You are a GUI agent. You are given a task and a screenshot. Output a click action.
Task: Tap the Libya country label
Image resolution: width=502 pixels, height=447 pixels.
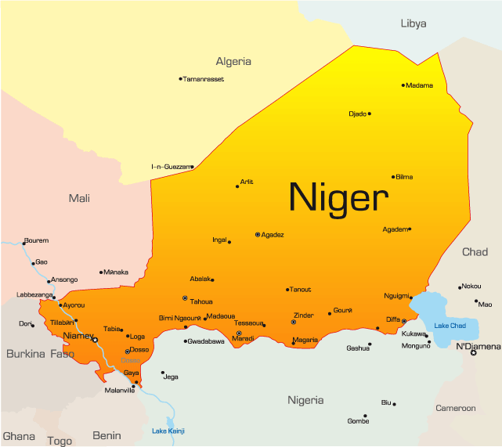click(413, 23)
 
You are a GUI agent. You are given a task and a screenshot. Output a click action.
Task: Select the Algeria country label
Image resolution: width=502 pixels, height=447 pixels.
click(233, 61)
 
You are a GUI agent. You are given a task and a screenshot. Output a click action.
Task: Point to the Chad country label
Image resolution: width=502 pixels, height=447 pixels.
click(475, 252)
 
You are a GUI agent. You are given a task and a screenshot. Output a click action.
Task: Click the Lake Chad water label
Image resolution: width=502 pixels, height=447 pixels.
click(450, 326)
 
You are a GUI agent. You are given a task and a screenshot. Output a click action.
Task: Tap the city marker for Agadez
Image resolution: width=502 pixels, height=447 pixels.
click(258, 234)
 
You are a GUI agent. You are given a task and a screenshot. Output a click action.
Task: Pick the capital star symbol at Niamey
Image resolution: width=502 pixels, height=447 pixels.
click(96, 340)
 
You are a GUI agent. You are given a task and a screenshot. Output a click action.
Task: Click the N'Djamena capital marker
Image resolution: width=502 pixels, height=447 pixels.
click(473, 352)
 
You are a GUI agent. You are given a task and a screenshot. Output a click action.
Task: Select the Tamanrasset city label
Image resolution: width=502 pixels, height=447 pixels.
click(204, 79)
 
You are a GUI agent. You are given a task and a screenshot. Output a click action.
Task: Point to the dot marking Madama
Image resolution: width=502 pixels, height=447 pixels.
click(403, 85)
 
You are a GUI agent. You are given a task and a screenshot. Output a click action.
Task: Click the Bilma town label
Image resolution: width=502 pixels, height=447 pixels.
click(404, 177)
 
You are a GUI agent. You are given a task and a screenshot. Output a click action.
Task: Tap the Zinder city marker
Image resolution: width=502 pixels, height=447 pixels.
click(294, 322)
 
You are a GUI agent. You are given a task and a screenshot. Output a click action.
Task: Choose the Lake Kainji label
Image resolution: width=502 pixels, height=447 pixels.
click(168, 431)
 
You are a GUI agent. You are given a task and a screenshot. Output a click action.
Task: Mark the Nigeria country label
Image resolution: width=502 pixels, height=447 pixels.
click(305, 400)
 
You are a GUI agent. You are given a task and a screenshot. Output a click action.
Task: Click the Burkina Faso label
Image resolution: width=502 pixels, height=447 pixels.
click(40, 354)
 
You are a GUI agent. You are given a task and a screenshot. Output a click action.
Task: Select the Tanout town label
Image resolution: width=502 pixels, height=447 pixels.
click(301, 290)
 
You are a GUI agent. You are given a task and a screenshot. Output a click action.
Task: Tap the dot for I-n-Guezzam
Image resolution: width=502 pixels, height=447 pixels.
click(192, 166)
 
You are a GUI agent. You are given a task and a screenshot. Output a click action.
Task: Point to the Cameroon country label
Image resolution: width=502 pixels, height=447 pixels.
click(456, 408)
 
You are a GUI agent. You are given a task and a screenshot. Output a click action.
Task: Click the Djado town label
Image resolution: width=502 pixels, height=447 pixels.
click(357, 114)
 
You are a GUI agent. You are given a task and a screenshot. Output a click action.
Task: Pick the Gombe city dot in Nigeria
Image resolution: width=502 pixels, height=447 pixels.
click(366, 416)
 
